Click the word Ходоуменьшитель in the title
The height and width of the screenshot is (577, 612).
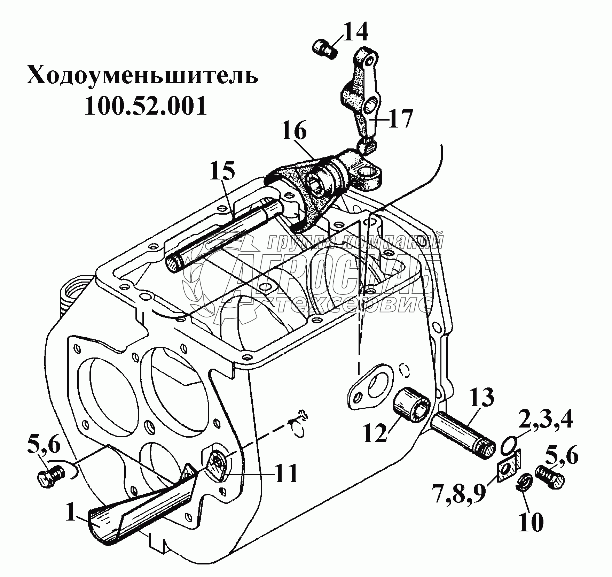(x=142, y=77)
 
